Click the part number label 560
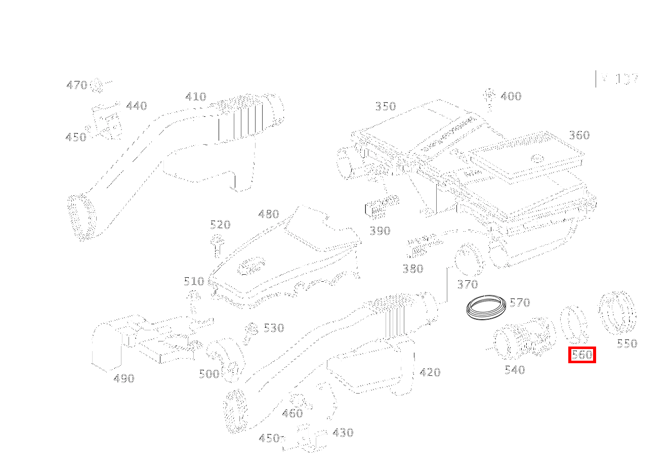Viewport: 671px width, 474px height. pyautogui.click(x=581, y=355)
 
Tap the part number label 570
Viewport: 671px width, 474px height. pyautogui.click(x=520, y=303)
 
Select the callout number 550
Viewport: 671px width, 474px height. pyautogui.click(x=627, y=343)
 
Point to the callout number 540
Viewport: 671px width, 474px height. pyautogui.click(x=515, y=370)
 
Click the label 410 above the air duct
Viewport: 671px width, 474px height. pyautogui.click(x=196, y=97)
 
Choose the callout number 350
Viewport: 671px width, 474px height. pyautogui.click(x=386, y=106)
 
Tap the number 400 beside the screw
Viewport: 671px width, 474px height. pyautogui.click(x=511, y=96)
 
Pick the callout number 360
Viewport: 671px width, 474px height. pyautogui.click(x=579, y=135)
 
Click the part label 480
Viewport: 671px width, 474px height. pyautogui.click(x=269, y=214)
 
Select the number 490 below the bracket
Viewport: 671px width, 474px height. pyautogui.click(x=124, y=378)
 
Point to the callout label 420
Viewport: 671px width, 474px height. pyautogui.click(x=430, y=372)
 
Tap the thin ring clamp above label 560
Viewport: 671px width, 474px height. pyautogui.click(x=574, y=324)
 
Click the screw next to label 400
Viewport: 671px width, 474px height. pyautogui.click(x=489, y=98)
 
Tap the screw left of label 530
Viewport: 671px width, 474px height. pyautogui.click(x=249, y=333)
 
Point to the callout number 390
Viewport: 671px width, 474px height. pyautogui.click(x=380, y=231)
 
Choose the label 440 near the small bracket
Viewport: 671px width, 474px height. pyautogui.click(x=137, y=106)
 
